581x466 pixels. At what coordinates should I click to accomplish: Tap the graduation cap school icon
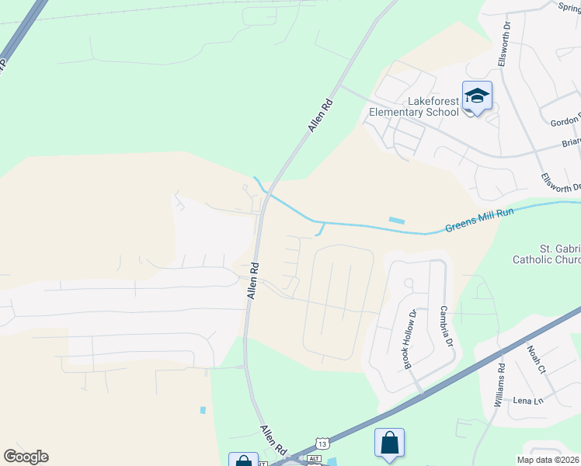(477, 96)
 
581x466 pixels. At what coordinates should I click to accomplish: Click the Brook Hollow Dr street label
(409, 338)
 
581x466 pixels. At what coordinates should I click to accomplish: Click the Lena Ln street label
(527, 401)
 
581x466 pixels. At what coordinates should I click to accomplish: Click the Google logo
(26, 457)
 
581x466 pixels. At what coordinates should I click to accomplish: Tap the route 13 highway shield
(322, 443)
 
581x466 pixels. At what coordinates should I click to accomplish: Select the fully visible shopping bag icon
(389, 443)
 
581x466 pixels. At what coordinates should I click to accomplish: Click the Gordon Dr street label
(566, 122)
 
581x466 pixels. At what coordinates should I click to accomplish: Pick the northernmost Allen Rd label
(321, 114)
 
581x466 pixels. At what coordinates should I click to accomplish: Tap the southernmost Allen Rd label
(273, 440)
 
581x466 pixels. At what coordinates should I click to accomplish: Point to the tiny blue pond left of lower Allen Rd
(203, 410)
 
